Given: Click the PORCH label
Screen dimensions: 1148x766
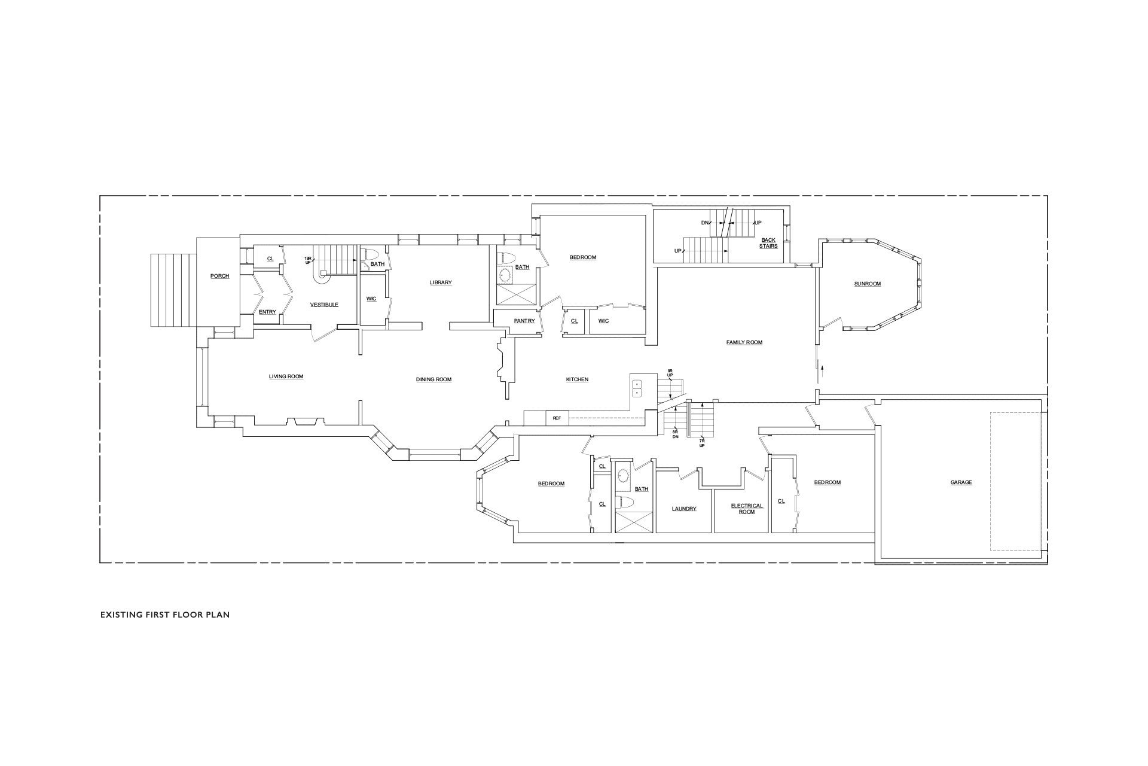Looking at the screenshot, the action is click(x=219, y=276).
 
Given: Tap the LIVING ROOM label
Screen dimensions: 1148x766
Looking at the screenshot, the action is click(x=286, y=376).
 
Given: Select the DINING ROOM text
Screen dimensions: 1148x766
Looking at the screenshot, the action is click(x=433, y=379).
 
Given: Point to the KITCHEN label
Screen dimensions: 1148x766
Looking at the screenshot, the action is click(x=577, y=379).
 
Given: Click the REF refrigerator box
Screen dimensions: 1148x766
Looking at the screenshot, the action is click(x=557, y=418).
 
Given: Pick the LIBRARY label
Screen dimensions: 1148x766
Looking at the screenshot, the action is click(x=441, y=282).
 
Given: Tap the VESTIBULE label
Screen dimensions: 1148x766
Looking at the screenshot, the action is click(x=324, y=305).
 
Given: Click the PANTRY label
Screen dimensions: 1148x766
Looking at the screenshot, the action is click(x=524, y=321).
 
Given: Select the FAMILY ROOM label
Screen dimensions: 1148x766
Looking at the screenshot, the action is click(x=744, y=342).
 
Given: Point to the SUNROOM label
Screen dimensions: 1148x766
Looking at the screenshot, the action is click(x=868, y=284).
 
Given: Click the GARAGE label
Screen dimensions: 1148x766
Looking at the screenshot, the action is click(x=961, y=482).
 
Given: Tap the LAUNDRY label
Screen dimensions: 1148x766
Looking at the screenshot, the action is click(x=684, y=509).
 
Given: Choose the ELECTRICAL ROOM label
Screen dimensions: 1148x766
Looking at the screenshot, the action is click(x=747, y=509).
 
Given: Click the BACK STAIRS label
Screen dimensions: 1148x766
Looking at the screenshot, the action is click(x=768, y=243).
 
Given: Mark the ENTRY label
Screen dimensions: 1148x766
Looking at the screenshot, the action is click(x=267, y=312).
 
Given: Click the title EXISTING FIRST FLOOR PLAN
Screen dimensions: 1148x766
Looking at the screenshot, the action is click(x=165, y=615).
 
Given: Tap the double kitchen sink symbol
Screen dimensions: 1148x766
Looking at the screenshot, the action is click(x=636, y=388).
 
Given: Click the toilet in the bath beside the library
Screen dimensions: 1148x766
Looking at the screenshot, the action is click(x=368, y=254).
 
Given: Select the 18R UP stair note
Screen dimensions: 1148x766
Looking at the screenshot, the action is click(x=307, y=260).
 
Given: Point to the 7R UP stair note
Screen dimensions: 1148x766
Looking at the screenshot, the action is click(x=703, y=443).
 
